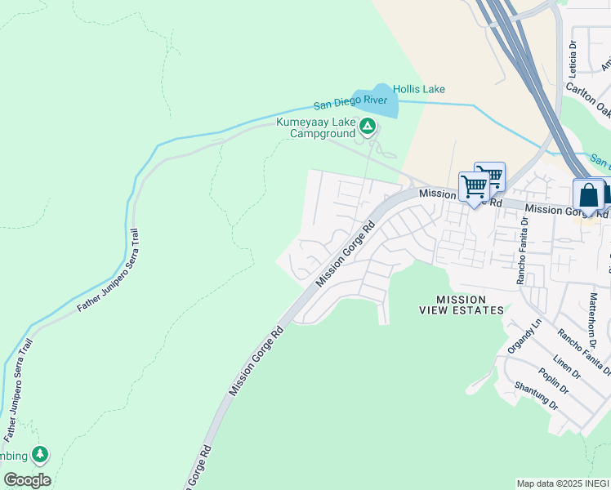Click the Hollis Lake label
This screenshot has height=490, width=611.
[x=418, y=89]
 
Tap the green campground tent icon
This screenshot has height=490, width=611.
[x=368, y=126]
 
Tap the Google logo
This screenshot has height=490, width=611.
[x=27, y=480]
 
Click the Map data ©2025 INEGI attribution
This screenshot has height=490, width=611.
[x=562, y=483]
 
